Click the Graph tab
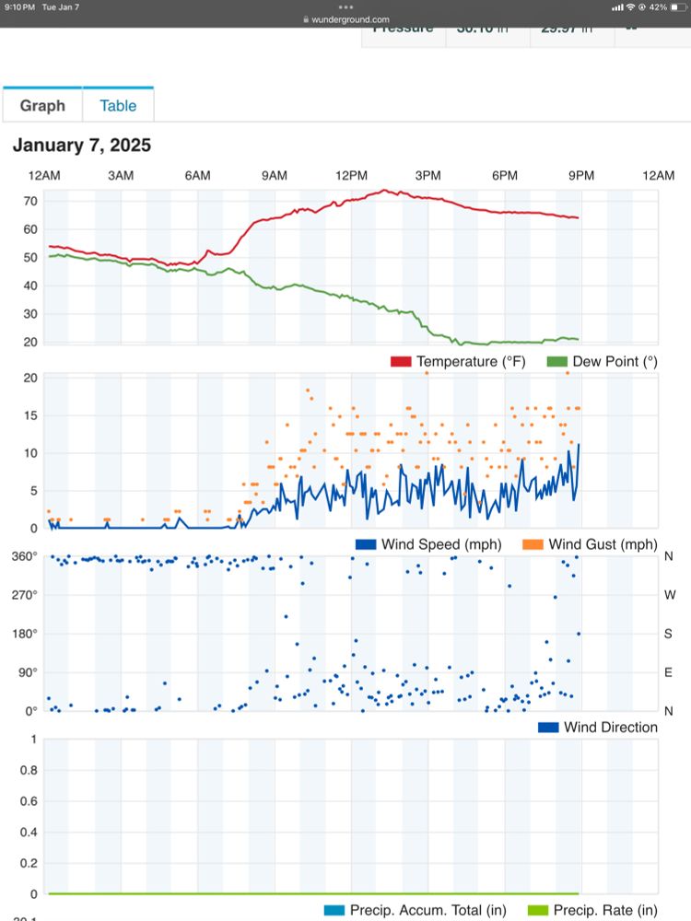coord(42,106)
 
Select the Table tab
coord(118,106)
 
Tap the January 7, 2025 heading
coord(82,146)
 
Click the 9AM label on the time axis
coord(274,175)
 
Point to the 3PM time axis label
coord(427,175)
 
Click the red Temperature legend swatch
coord(401,362)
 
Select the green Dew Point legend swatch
coord(556,362)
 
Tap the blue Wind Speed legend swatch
coord(366,545)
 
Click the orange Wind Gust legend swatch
coord(533,545)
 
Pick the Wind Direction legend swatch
coord(548,728)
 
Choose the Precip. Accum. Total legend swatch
coord(334,911)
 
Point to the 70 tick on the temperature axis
coord(30,201)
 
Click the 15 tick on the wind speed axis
coord(30,415)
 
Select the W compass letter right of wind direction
coord(669,595)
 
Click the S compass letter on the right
coord(669,634)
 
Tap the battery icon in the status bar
coord(676,6)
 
